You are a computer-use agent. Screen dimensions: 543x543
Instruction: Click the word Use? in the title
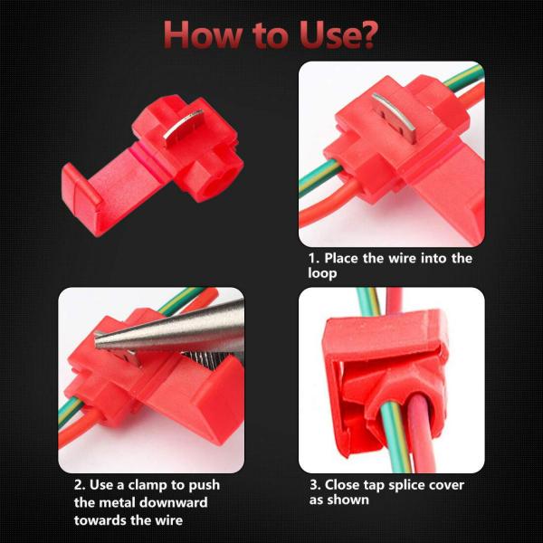tap(338, 34)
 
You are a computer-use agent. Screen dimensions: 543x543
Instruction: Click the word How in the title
tap(204, 34)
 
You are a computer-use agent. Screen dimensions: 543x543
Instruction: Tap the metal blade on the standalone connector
tap(183, 127)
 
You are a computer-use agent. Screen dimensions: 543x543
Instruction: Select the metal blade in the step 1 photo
tap(395, 117)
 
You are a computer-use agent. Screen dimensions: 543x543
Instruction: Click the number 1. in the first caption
tap(314, 258)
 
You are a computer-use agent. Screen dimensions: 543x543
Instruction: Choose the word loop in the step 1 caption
tap(322, 273)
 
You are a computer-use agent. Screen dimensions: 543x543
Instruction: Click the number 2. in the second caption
tap(80, 485)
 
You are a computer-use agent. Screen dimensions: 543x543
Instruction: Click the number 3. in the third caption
tap(315, 485)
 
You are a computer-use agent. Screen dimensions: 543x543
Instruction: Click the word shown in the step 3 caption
tap(348, 500)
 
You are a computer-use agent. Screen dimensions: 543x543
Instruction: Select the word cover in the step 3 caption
tap(447, 485)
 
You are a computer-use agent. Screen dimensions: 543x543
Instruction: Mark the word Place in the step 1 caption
tap(341, 258)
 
